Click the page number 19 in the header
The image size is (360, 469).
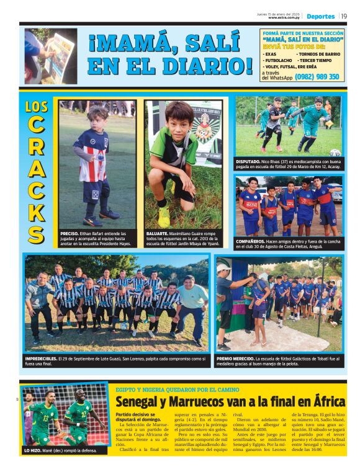pos(343,16)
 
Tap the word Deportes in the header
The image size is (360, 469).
pos(320,16)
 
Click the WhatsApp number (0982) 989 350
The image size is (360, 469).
pos(317,77)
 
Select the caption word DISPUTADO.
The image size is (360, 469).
pos(249,161)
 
